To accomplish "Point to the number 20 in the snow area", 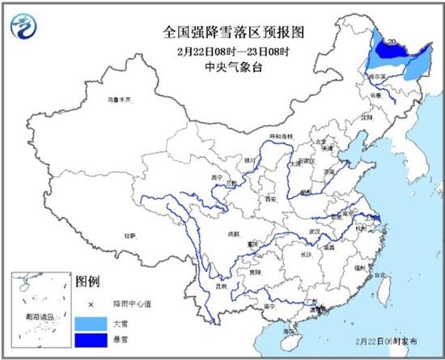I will tap(392, 41).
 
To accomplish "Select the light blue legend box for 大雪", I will tap(87, 323).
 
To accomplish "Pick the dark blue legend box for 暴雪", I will tap(87, 341).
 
